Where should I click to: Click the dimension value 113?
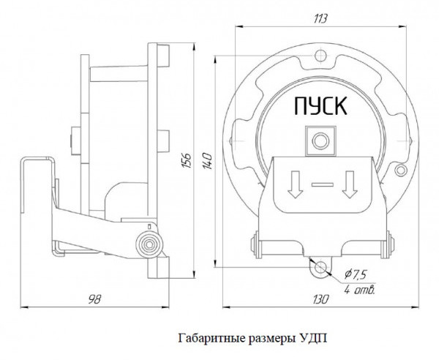pos(319,18)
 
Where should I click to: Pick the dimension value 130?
pos(318,299)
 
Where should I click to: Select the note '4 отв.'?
pos(360,290)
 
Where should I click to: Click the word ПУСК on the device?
pos(320,107)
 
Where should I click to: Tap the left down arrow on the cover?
pos(296,184)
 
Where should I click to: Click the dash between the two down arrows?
pos(322,184)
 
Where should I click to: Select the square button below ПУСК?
pos(319,138)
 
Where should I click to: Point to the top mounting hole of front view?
pos(319,56)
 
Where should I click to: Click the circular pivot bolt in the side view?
pos(150,244)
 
